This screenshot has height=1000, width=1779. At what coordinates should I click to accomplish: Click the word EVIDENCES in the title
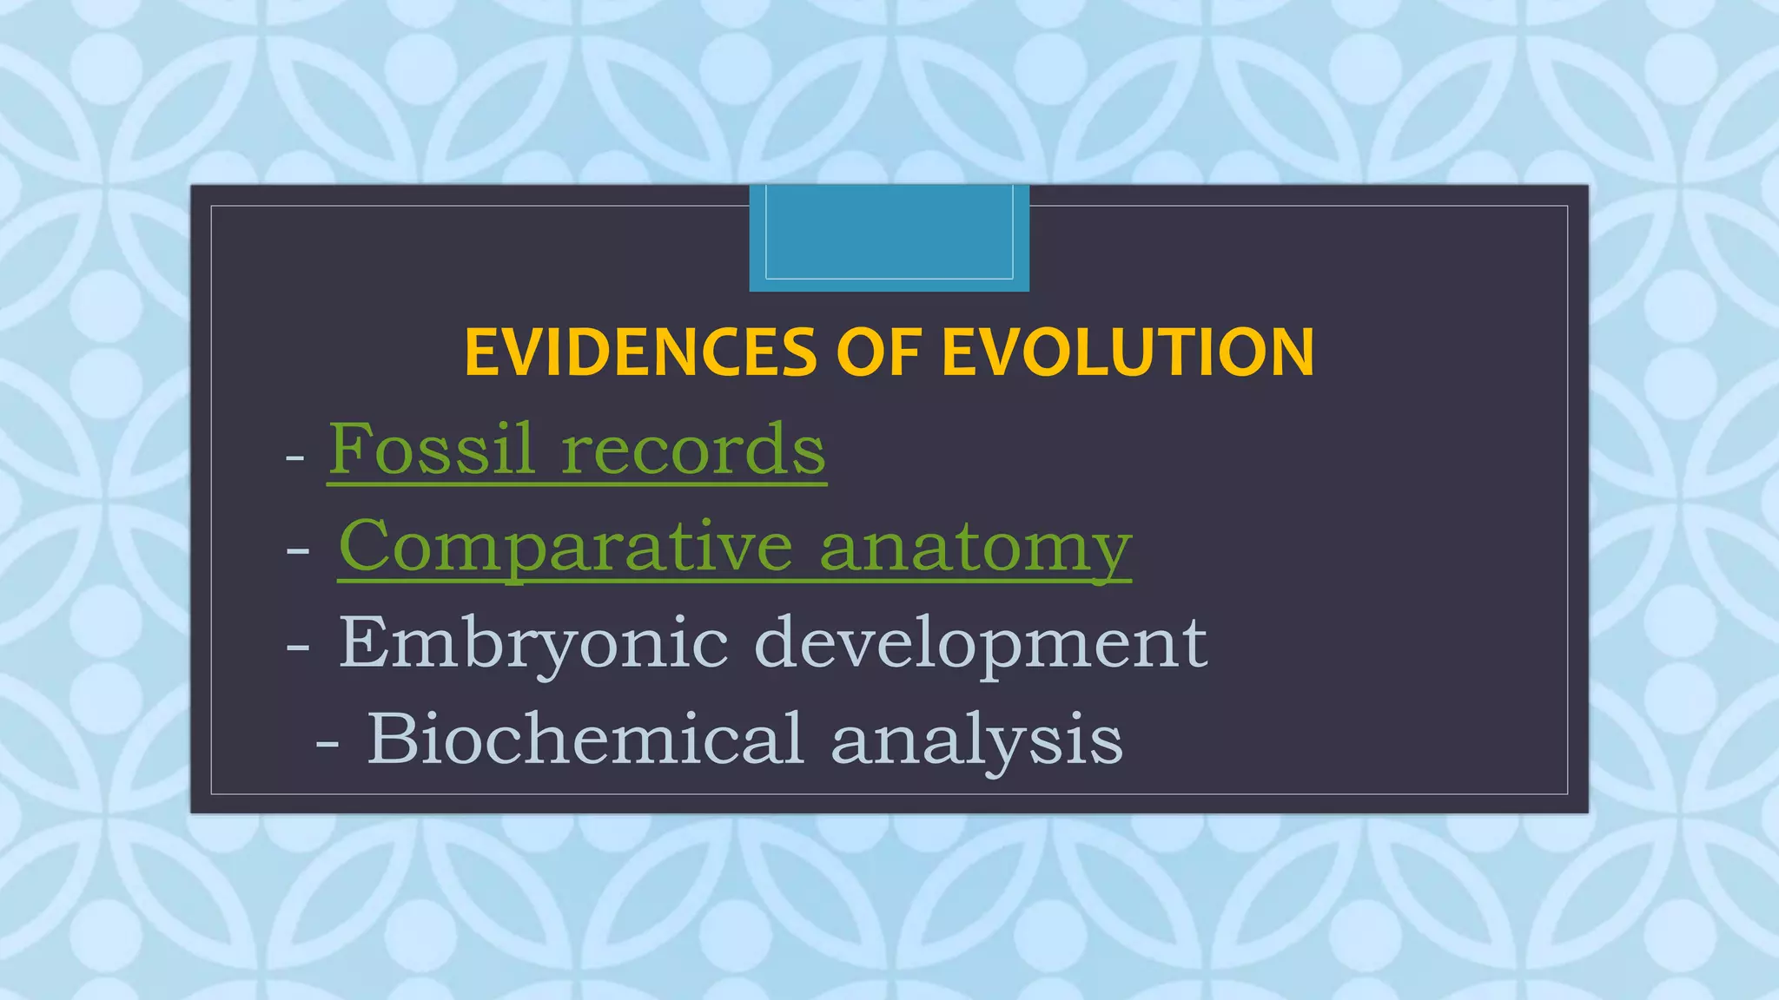point(640,352)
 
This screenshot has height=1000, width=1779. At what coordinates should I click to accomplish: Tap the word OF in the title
point(877,352)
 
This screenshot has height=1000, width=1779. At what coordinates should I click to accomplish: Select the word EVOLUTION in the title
point(1128,352)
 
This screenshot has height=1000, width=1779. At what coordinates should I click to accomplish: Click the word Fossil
point(430,449)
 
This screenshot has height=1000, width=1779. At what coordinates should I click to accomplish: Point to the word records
point(692,451)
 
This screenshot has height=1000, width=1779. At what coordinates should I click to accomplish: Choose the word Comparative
point(565,546)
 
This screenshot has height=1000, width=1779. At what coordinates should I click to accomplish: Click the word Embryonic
point(532,644)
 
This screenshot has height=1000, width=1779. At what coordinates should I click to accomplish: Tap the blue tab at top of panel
point(889,237)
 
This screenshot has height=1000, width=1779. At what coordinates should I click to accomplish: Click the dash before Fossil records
point(294,457)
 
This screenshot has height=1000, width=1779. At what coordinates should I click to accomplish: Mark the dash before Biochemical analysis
point(327,744)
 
